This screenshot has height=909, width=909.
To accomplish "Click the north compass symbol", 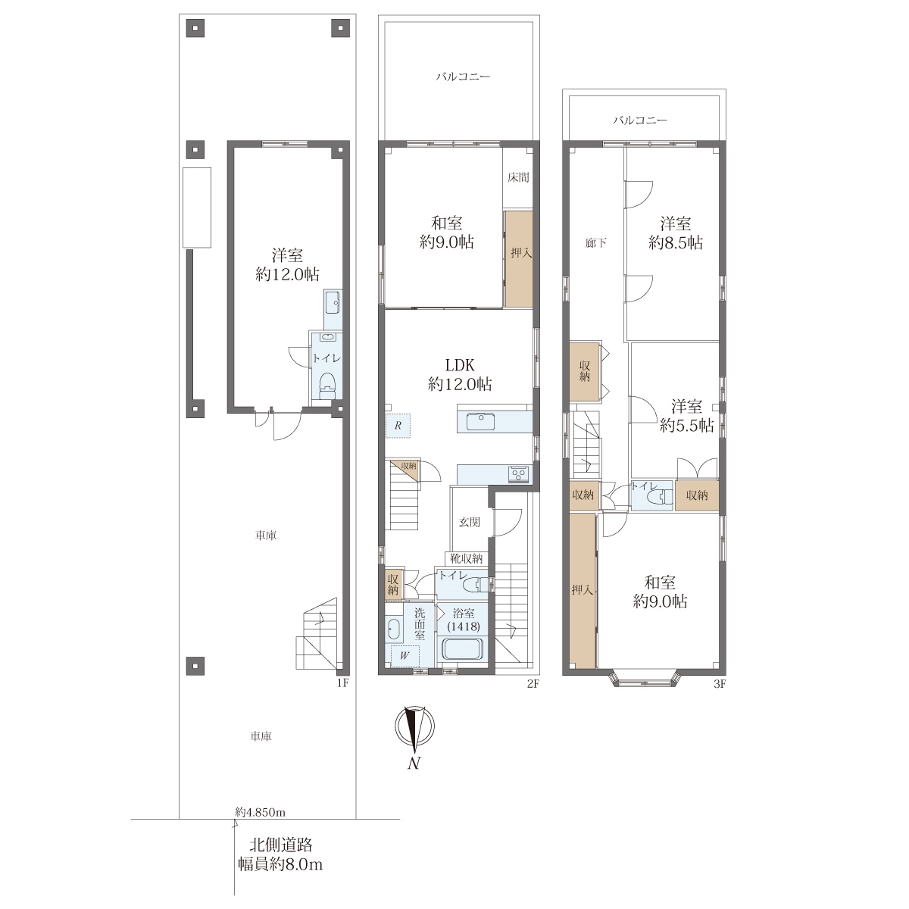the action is click(x=414, y=727).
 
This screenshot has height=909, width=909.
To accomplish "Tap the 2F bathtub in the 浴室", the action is click(x=462, y=650).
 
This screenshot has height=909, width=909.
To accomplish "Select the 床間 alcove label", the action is click(x=518, y=177).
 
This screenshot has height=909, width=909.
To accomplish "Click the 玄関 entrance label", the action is click(x=470, y=522).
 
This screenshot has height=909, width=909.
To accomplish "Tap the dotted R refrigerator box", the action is click(x=398, y=426).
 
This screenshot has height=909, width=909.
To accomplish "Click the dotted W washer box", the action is click(x=405, y=656).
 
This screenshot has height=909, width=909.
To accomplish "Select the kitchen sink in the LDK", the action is click(x=480, y=421).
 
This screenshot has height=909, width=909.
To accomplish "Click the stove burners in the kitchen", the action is click(x=519, y=473).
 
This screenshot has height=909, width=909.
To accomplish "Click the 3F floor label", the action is click(x=719, y=684).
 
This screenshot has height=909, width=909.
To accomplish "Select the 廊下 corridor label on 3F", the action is click(x=596, y=243).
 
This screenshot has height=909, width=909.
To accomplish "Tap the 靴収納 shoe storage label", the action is click(x=466, y=559).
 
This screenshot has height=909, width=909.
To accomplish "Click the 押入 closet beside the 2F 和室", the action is click(x=519, y=259).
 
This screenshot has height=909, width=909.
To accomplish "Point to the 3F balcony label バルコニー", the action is click(x=640, y=120).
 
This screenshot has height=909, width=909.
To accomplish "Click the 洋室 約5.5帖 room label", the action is click(x=686, y=416).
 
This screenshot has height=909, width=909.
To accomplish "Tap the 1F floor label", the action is click(x=343, y=683).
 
